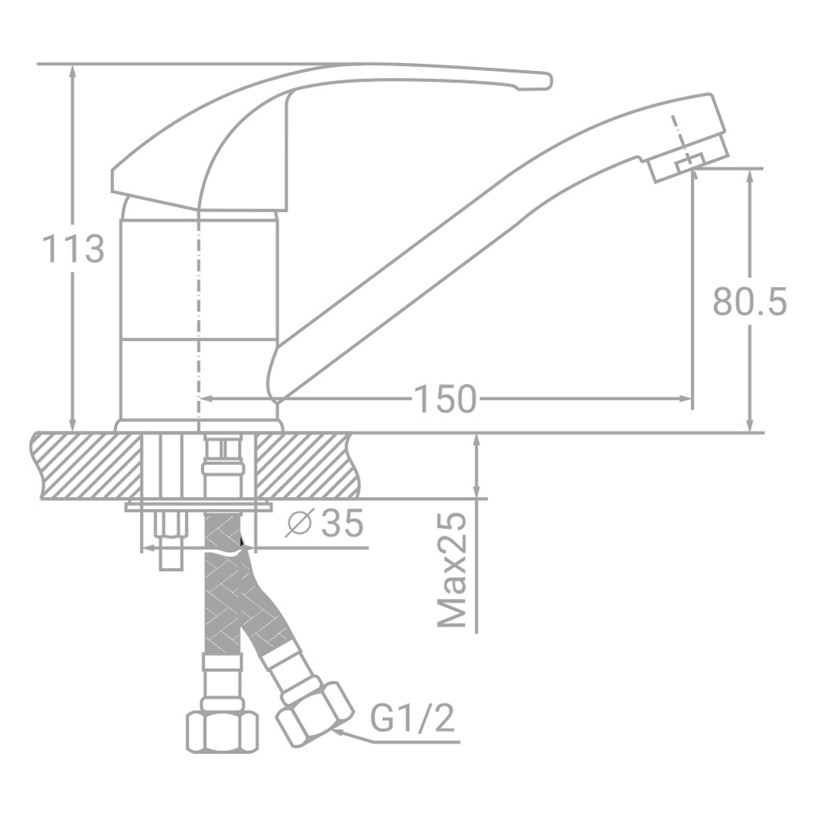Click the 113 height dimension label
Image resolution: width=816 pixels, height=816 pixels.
tap(73, 249)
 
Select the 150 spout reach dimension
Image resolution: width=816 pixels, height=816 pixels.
tap(444, 398)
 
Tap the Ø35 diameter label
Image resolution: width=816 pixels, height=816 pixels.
tap(324, 524)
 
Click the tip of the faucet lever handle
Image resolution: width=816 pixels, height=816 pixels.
tap(542, 80)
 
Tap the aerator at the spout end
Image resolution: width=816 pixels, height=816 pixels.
tap(687, 159)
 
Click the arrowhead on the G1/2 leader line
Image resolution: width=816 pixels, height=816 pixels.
tap(340, 727)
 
